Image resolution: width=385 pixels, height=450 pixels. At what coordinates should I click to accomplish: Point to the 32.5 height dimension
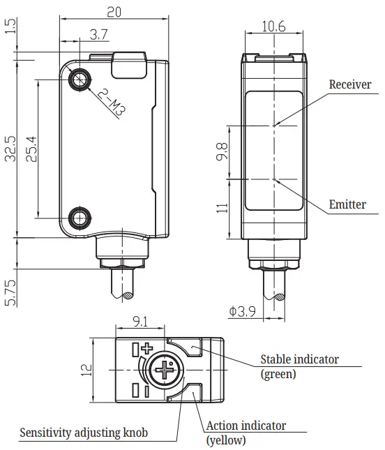pos(10,149)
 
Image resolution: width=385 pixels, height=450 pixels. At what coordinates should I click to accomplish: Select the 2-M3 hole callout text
pos(112,101)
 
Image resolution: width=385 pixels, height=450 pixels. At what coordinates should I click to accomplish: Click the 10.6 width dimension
pos(273,26)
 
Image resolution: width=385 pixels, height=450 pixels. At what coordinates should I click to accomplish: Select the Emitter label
pos(347,204)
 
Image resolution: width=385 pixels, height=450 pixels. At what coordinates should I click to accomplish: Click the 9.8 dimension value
pos(222,151)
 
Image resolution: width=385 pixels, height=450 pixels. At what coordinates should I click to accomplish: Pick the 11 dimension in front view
pos(222,207)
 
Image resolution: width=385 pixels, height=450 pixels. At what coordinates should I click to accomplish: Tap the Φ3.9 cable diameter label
pos(242,312)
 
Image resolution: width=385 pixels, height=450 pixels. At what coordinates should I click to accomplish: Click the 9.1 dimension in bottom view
pos(140,322)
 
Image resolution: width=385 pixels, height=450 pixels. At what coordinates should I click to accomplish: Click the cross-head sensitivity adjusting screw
pos(165,373)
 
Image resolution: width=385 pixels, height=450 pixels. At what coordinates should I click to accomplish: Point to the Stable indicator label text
pos(299,359)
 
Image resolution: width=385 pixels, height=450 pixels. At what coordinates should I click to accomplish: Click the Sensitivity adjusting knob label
pos(83,432)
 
